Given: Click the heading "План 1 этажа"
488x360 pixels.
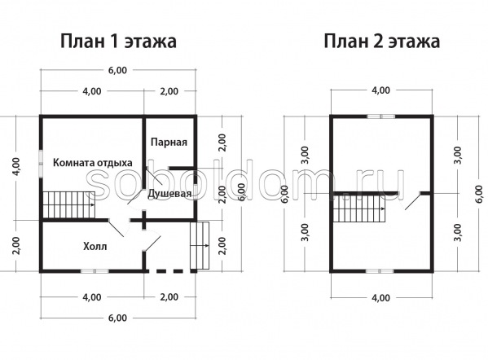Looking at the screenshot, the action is click(x=118, y=42).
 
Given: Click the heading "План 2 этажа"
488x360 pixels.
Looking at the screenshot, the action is click(x=381, y=42).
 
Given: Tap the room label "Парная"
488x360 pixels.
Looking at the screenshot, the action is click(x=169, y=143).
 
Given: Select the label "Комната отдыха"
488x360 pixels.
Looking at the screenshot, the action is click(x=92, y=163).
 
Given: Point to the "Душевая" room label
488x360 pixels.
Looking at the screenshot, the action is click(x=169, y=193).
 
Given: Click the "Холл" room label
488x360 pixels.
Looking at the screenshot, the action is click(x=95, y=247).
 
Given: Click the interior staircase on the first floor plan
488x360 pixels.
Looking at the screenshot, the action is click(x=68, y=204).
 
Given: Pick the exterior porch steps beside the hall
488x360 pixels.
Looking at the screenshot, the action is click(x=200, y=246).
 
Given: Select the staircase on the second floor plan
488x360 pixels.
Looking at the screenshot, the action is click(x=359, y=209).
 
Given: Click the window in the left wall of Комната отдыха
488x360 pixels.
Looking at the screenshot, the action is click(x=41, y=164).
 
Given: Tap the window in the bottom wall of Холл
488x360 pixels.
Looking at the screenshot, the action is click(x=95, y=271).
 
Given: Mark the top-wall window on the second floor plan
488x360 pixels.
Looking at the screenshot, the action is click(x=381, y=116).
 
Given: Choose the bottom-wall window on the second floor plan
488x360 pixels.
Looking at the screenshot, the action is click(x=380, y=271).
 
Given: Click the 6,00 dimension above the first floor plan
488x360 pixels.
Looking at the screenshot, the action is click(x=117, y=70).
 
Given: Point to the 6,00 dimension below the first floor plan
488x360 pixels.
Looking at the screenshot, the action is click(x=117, y=318).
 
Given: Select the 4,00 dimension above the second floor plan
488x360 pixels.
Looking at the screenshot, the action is click(x=381, y=90).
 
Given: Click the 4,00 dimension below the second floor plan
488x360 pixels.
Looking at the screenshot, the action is click(x=381, y=298).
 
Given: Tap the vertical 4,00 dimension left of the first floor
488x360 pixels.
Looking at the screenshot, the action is click(x=16, y=167).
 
